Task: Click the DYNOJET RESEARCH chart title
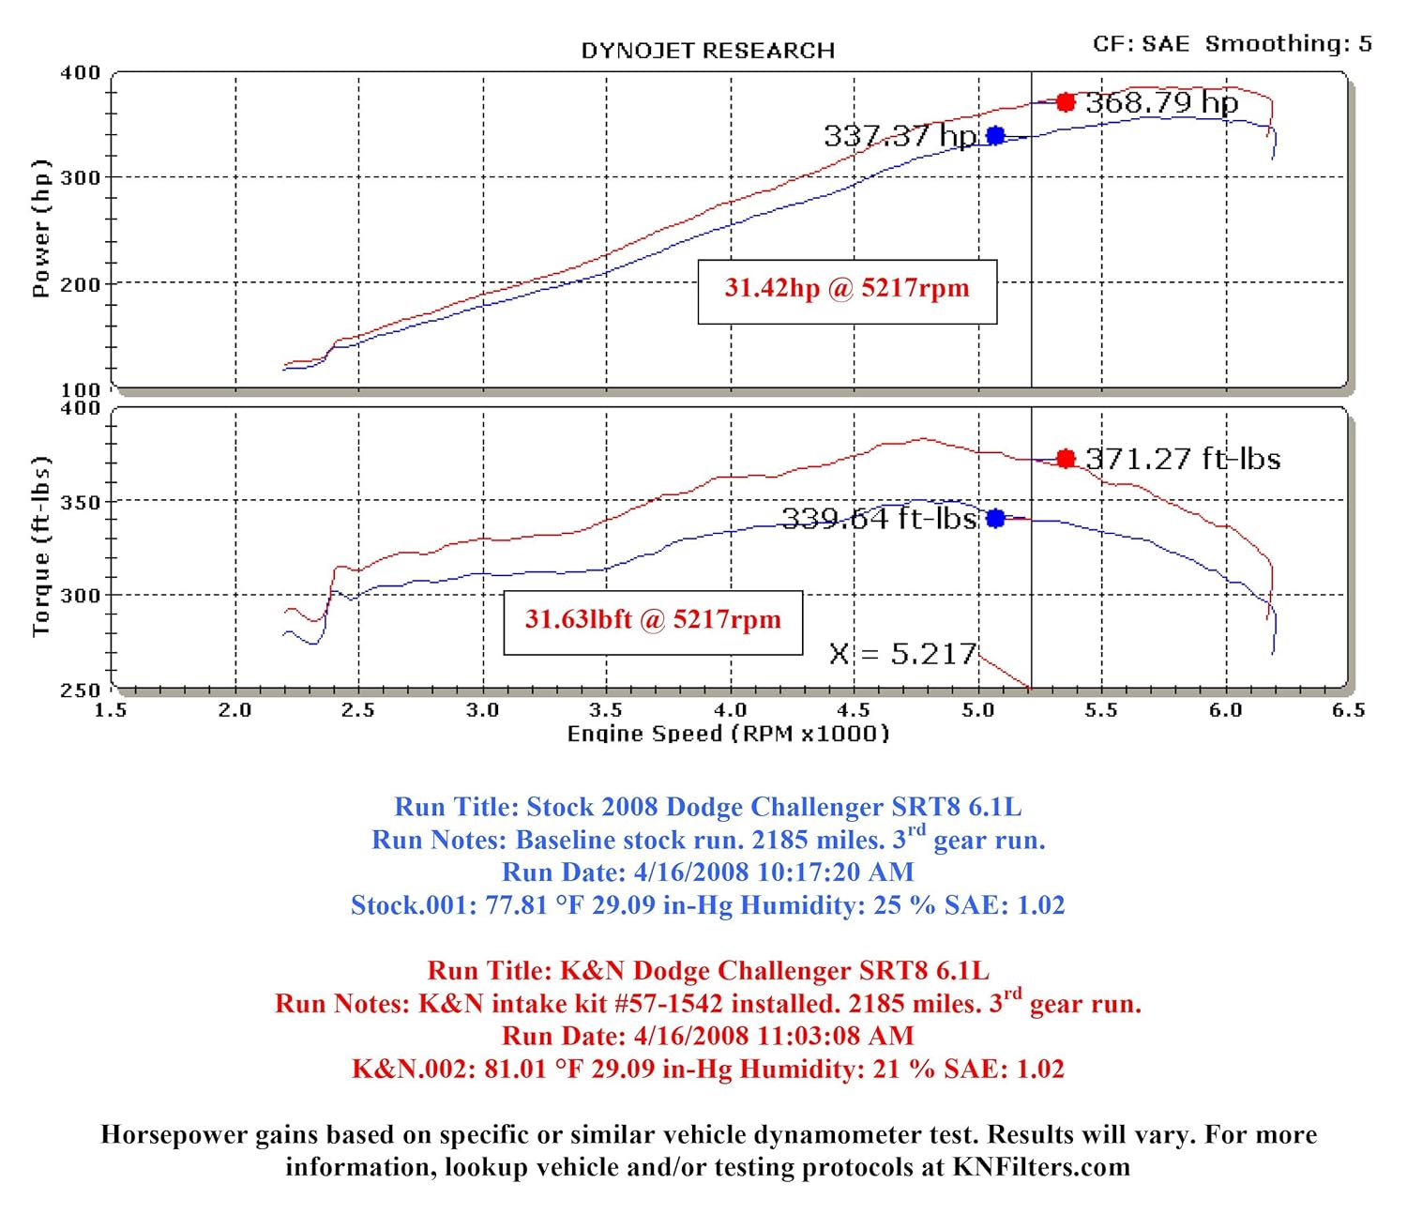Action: tap(707, 51)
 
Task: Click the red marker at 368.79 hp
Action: tap(1066, 102)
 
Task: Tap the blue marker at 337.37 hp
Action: tap(996, 136)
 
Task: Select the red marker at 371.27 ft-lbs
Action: tap(1066, 459)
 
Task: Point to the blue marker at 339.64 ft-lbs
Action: tap(996, 518)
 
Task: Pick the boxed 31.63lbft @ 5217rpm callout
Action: tap(653, 621)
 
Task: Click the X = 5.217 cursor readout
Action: tap(902, 654)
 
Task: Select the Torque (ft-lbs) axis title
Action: tap(40, 547)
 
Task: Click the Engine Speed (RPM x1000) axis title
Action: tap(728, 734)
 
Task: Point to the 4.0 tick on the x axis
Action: tap(731, 710)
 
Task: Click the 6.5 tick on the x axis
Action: tap(1349, 710)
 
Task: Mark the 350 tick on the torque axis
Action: tap(80, 502)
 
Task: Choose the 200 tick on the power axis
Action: tap(80, 284)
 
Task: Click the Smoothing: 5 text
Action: tap(1288, 43)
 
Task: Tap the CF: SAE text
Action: tap(1141, 43)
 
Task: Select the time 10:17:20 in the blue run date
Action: tap(809, 873)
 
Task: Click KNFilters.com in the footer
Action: tap(1041, 1167)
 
